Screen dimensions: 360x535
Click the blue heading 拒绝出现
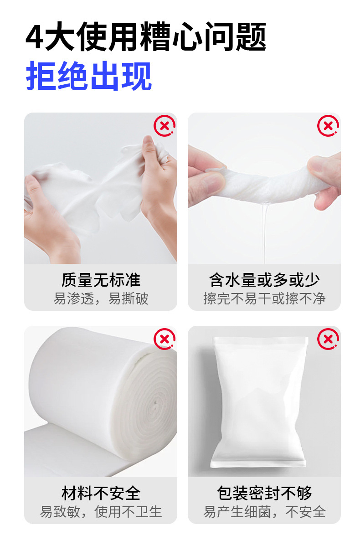89,76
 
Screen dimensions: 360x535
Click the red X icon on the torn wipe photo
165,126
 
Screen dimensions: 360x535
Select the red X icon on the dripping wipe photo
328,126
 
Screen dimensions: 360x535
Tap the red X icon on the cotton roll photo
165,339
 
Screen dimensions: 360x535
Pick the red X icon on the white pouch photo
328,339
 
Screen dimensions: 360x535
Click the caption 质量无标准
101,280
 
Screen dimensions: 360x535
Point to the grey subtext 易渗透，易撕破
101,298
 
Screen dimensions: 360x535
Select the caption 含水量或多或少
264,280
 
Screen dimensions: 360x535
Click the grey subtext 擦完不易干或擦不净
264,298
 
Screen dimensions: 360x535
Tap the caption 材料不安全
101,493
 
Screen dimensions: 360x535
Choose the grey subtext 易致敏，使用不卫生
101,512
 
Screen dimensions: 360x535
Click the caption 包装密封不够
264,493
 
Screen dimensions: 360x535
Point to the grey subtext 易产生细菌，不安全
264,512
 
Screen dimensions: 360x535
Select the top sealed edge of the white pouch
260,340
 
